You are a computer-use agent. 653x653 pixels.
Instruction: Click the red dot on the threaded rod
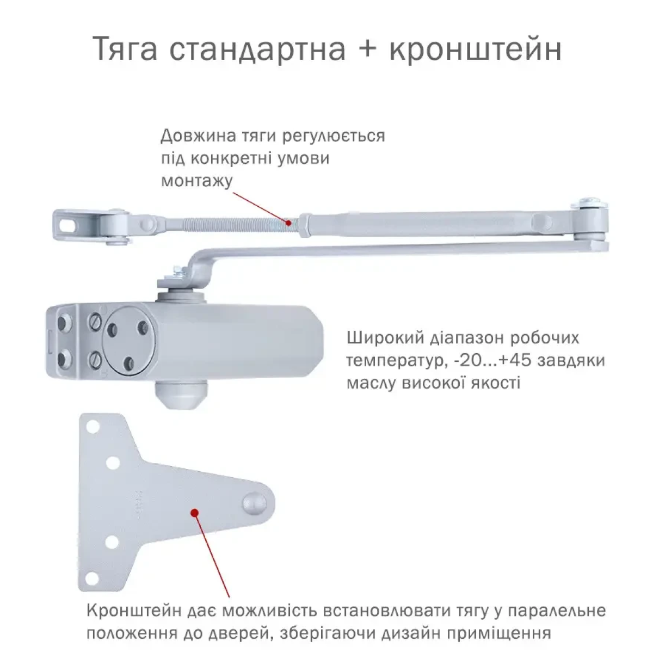[x=288, y=223]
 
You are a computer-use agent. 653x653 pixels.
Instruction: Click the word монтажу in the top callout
[x=197, y=181]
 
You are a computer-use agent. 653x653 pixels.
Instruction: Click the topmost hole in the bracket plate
[x=93, y=426]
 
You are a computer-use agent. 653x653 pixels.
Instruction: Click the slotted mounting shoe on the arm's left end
[x=91, y=225]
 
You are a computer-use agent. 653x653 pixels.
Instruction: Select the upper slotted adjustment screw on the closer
[x=96, y=320]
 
